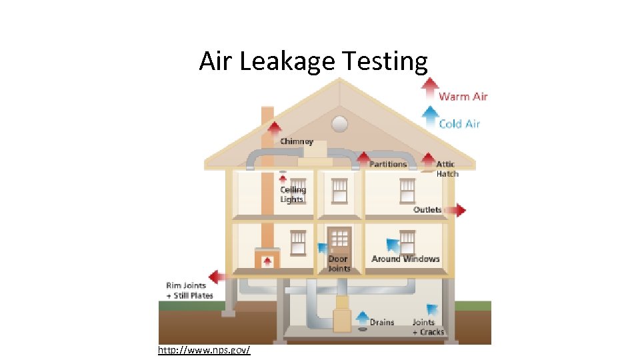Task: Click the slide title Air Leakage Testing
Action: (x=313, y=61)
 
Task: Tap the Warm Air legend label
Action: (x=463, y=97)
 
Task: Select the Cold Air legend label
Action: (x=459, y=123)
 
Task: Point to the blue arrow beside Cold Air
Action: (x=431, y=117)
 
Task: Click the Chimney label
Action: (x=297, y=141)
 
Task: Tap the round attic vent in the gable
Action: (x=340, y=123)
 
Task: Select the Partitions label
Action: (x=388, y=164)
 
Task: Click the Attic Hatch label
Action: (x=447, y=169)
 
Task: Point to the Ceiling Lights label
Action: (x=292, y=195)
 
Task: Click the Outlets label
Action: (x=427, y=210)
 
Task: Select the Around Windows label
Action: (x=405, y=259)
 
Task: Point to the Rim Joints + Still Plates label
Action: (x=189, y=291)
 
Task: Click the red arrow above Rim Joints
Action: (x=216, y=277)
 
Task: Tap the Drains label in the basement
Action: (x=382, y=322)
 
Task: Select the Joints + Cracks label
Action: (x=427, y=327)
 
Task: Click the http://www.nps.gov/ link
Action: (x=204, y=350)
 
